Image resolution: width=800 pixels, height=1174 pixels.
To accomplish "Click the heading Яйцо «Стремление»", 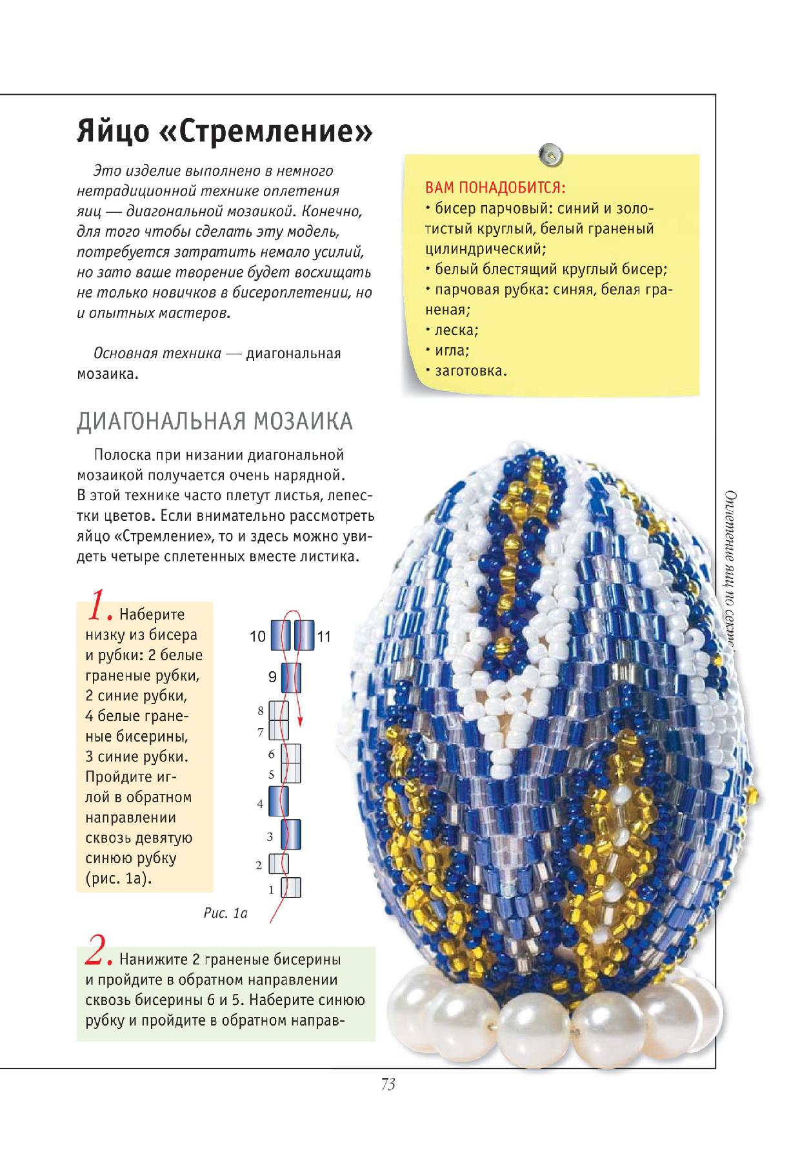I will (225, 132).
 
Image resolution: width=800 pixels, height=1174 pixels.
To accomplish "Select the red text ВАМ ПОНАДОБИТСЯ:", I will (495, 189).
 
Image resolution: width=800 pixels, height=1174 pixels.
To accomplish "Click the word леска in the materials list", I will (455, 330).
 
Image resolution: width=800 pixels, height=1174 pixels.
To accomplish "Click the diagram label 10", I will (257, 636).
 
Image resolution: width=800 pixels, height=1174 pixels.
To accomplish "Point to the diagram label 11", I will (324, 636).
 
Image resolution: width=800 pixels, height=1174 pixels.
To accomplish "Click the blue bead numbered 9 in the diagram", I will (291, 677).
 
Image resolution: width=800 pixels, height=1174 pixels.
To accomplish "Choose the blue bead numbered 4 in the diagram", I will (278, 802).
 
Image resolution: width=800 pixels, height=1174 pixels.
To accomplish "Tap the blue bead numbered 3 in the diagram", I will (292, 835).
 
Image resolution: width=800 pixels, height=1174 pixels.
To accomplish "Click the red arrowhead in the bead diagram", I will (300, 722).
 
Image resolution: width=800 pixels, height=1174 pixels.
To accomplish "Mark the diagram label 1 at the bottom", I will (272, 890).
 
